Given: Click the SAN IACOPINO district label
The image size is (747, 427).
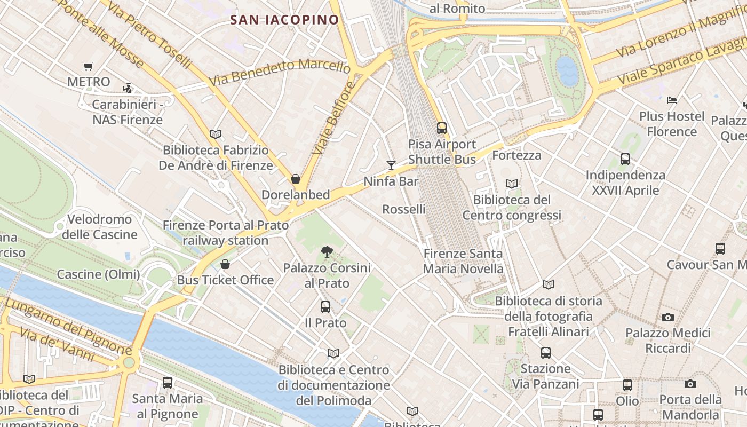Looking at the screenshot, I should pos(284,20).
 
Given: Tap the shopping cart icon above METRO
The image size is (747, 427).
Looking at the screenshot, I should pos(89,67).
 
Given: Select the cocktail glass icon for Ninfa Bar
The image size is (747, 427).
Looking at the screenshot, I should pos(391,165).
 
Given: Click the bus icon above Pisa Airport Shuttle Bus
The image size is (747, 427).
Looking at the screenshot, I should pos(442,128).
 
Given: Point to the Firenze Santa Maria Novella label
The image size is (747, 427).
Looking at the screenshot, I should pos(463,261).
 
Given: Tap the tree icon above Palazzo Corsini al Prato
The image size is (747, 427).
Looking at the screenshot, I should pos(327,251).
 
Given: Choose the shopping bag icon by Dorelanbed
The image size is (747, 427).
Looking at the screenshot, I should pos(296,179).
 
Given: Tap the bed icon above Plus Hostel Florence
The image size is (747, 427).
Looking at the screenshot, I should pos(672,100).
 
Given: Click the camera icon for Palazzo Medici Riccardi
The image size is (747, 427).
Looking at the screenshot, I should pos(668,318).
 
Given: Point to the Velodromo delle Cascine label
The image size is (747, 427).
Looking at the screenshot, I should pos(100,227).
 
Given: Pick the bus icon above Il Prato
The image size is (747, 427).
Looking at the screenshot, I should pos(325,307).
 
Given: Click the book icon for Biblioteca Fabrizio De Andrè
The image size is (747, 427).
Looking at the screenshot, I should pos(216,135).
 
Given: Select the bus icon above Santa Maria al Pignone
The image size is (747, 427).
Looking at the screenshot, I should pos(168,383).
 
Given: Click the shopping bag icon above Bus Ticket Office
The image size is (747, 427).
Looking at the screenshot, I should pos(225,264).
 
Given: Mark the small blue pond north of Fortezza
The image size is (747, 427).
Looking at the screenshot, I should pos(567,71).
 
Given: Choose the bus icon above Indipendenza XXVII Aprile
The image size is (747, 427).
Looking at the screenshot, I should pos(625,159).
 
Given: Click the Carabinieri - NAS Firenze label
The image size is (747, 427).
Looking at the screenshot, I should pos(128,112).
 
